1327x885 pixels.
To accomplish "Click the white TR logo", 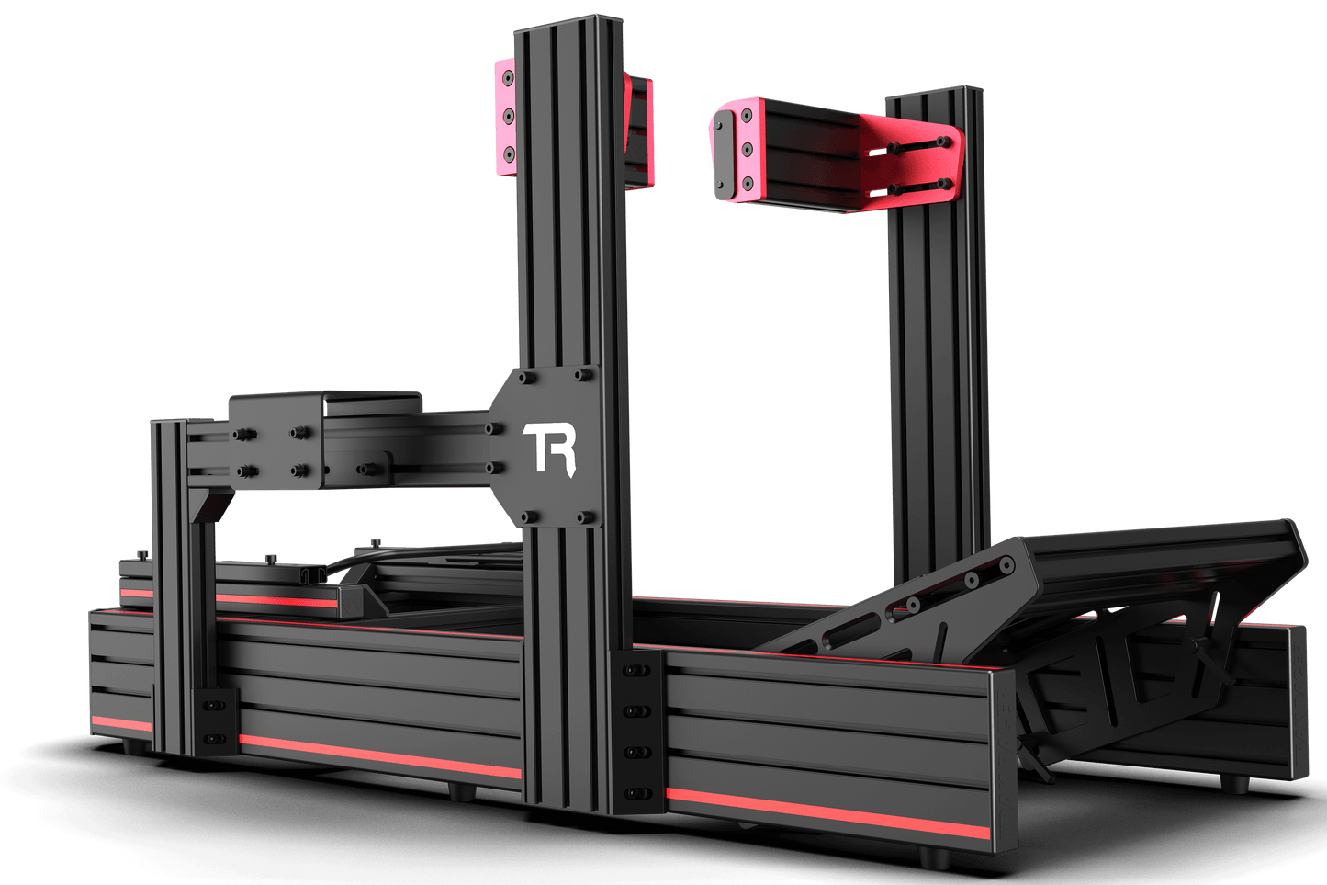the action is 548,448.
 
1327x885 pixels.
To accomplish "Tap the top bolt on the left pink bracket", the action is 508,78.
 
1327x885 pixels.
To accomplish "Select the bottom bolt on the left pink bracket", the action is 509,154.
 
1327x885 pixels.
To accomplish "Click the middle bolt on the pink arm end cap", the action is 747,149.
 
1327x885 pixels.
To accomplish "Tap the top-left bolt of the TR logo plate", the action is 526,378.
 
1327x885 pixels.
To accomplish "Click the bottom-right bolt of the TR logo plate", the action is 585,517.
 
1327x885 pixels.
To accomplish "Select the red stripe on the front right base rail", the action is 827,813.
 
